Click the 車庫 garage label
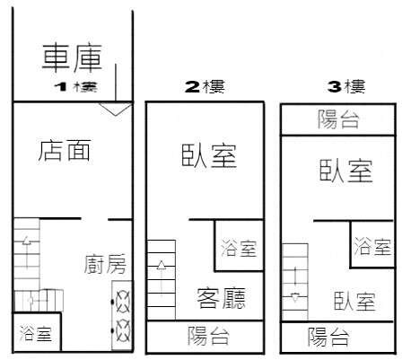(x=72, y=58)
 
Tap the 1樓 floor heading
(x=76, y=87)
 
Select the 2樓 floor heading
(x=205, y=87)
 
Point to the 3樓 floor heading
(x=346, y=87)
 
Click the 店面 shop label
(x=65, y=150)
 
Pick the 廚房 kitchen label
(x=105, y=264)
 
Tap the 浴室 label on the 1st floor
(x=36, y=334)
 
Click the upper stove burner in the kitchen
(x=123, y=302)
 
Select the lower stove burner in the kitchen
(x=123, y=330)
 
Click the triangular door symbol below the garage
(x=116, y=109)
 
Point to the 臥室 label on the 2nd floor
(x=209, y=155)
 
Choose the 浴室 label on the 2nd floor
(x=239, y=248)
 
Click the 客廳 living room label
(x=222, y=298)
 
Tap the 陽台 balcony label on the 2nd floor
(x=208, y=336)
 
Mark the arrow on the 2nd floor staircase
(x=162, y=278)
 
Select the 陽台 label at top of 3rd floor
(x=338, y=119)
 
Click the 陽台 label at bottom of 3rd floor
(x=328, y=337)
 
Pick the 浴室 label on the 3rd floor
(x=372, y=247)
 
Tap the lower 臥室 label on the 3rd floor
(x=354, y=301)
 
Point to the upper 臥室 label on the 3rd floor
(x=346, y=171)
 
